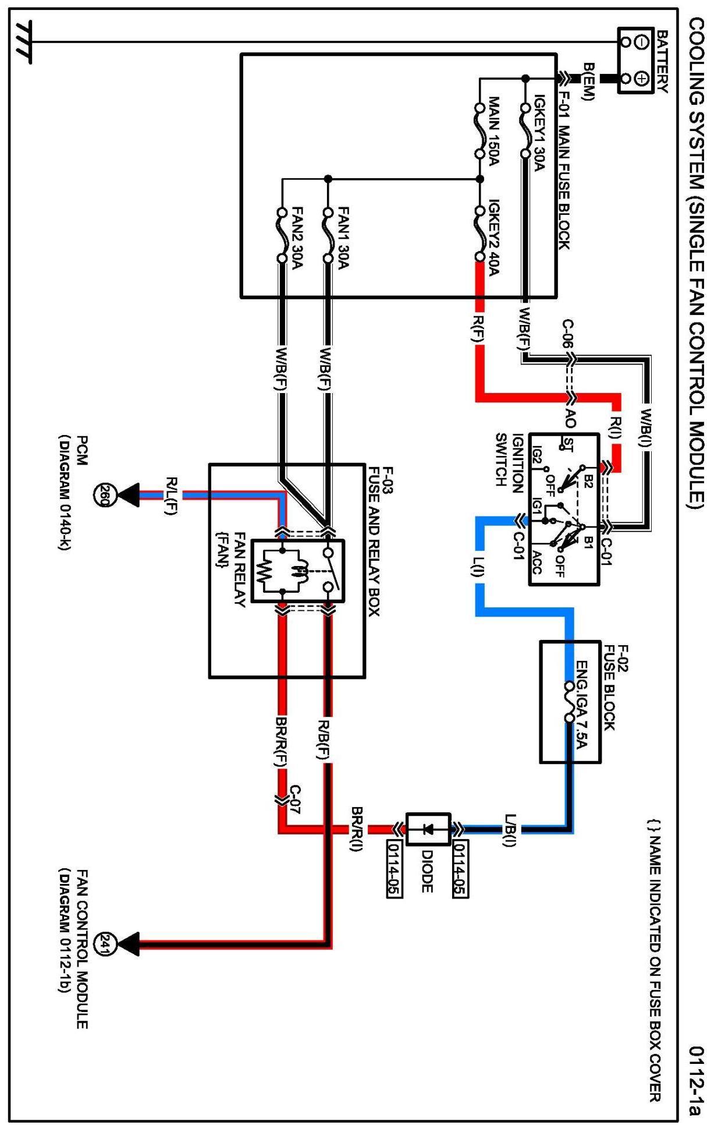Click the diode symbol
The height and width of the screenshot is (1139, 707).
tap(428, 829)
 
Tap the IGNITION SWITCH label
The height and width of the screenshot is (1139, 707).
tap(509, 459)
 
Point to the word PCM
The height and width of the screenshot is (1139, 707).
tap(82, 451)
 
